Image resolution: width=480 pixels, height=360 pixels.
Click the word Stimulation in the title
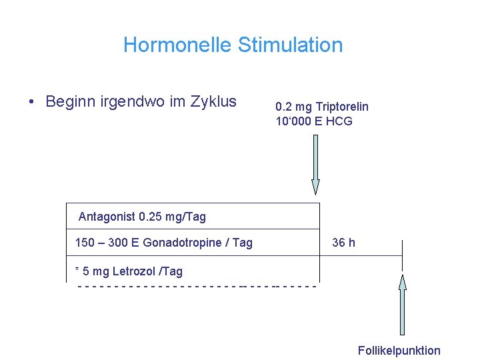coord(290,45)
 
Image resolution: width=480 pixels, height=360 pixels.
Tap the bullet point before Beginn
coord(31,102)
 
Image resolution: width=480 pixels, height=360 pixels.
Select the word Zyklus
coord(213,102)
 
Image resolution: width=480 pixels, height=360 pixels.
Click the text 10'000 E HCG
coord(314,121)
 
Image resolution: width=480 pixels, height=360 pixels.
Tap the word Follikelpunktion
coord(399,351)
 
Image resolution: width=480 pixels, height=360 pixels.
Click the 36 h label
coord(343,243)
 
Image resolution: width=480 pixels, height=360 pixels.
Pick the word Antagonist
coord(107,217)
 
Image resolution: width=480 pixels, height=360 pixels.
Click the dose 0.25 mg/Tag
coord(173,217)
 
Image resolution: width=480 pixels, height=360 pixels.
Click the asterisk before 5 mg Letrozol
coord(77,271)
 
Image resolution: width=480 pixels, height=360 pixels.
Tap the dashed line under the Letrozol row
coord(197,287)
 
